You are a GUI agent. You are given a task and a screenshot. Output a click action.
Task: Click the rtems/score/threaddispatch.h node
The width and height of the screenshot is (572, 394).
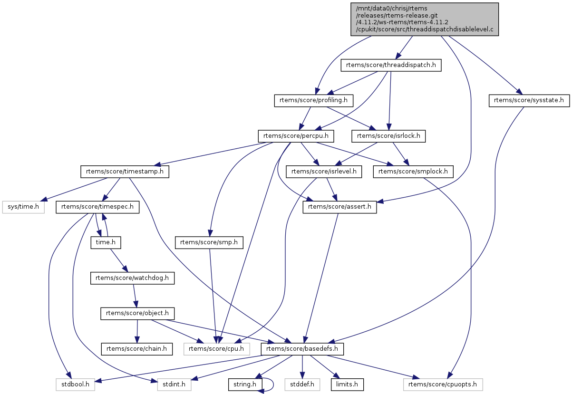(x=391, y=65)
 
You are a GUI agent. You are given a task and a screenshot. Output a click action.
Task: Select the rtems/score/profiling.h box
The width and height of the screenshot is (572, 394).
(x=314, y=100)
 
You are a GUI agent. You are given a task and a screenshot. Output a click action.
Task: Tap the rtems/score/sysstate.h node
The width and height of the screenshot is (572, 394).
(x=529, y=100)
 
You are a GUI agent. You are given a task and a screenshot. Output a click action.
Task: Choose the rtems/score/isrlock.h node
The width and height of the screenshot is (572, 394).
(x=388, y=136)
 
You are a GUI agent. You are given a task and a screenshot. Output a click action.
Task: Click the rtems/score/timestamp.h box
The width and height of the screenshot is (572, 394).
(x=125, y=172)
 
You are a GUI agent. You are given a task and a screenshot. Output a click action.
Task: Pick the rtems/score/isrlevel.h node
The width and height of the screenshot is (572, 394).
(x=323, y=172)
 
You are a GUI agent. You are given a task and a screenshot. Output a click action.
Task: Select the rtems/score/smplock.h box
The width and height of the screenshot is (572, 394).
(x=413, y=172)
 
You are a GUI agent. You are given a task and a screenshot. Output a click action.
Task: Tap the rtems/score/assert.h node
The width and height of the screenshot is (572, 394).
(x=340, y=207)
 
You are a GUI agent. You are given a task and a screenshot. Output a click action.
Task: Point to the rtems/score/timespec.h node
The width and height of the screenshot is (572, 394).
(x=97, y=207)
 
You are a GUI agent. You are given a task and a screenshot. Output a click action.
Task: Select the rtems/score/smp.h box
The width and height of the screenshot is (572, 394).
(x=209, y=242)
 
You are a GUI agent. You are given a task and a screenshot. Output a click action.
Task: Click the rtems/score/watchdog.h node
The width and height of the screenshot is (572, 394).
(x=132, y=278)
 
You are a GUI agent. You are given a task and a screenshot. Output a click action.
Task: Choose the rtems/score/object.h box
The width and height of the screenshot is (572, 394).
(x=137, y=314)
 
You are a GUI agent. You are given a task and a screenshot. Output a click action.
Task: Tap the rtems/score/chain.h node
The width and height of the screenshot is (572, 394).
(x=136, y=349)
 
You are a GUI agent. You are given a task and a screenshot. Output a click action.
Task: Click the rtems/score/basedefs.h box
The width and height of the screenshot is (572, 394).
(x=302, y=349)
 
